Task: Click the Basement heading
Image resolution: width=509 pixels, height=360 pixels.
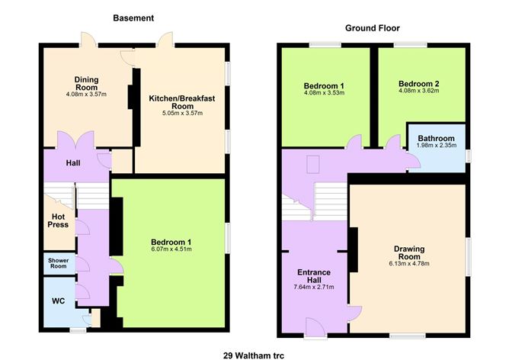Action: [133, 18]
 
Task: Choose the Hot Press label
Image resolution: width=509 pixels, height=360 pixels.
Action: [58, 220]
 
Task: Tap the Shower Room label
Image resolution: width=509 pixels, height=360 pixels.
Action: [59, 264]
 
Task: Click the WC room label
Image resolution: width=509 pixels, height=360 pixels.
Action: [59, 301]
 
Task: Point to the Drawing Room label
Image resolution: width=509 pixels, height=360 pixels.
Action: [408, 253]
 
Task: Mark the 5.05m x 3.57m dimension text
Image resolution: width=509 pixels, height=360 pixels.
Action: [180, 114]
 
